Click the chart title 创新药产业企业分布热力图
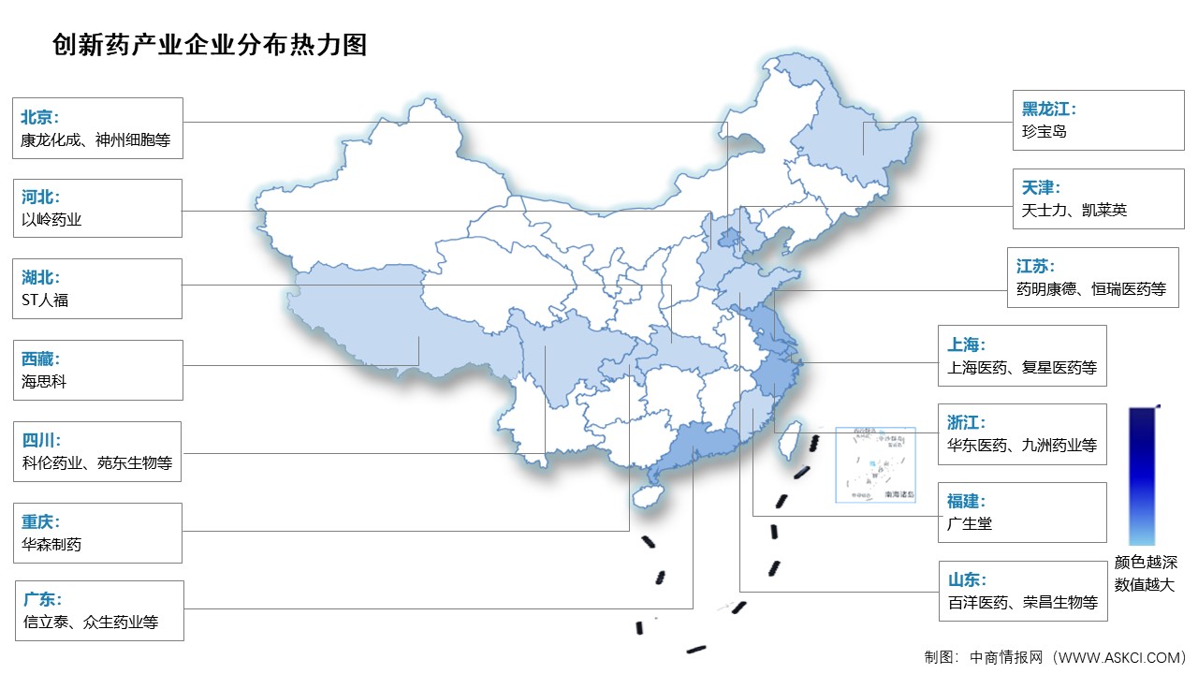(210, 45)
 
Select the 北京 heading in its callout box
(40, 117)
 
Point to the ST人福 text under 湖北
(45, 300)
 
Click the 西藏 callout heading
(40, 359)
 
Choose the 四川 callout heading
(40, 439)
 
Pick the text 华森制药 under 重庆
(51, 544)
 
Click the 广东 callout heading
(40, 599)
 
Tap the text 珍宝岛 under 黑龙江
(1045, 132)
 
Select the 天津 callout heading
(1041, 187)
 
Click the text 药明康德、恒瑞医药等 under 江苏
(1091, 290)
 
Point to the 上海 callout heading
(964, 344)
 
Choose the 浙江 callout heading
(964, 423)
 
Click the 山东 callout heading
(964, 580)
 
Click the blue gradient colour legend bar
(1142, 476)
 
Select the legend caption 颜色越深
(1146, 563)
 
